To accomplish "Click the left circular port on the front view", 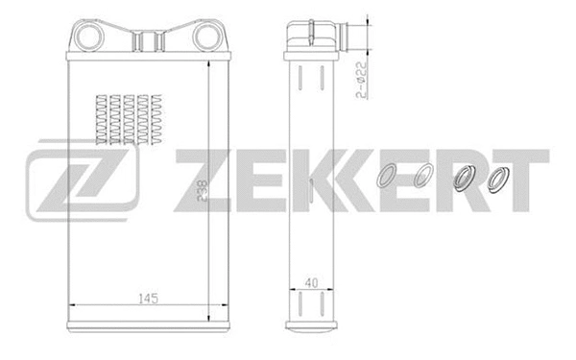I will point(89,37).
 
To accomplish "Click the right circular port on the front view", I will point(208,37).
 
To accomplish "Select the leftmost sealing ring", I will point(388,179).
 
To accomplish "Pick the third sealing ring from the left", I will point(465,180).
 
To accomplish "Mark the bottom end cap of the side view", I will point(309,327).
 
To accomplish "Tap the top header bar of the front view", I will point(149,60).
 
